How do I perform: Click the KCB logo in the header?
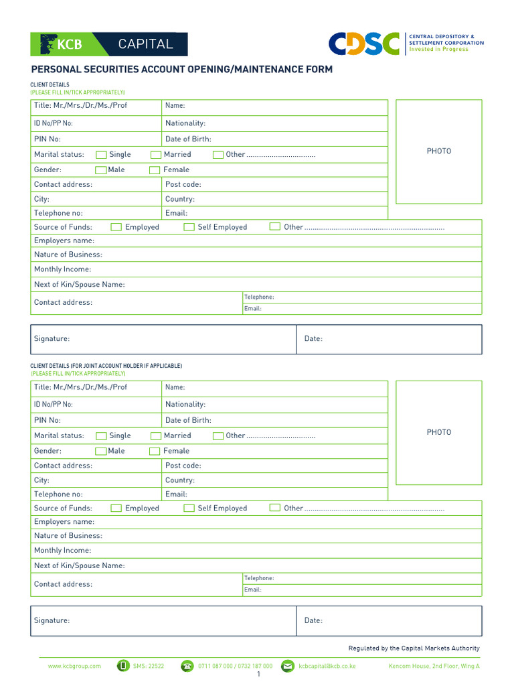62,44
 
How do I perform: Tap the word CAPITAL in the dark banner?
145,44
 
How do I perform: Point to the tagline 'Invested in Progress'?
438,50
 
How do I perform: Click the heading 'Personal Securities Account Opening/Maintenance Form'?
181,70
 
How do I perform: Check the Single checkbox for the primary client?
101,155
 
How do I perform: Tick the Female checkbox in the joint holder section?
155,452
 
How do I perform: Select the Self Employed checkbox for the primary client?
189,227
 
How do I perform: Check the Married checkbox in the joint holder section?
156,435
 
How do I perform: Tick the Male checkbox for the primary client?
101,170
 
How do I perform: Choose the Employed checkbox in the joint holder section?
116,508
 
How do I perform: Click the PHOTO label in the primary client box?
439,151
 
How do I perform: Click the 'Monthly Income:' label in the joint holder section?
63,551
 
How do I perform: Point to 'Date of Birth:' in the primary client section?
188,139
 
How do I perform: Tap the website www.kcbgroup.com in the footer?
74,666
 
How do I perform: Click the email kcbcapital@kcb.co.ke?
327,666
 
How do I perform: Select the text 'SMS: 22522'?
149,666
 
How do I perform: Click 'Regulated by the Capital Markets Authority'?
414,648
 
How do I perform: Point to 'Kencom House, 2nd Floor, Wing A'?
434,666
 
